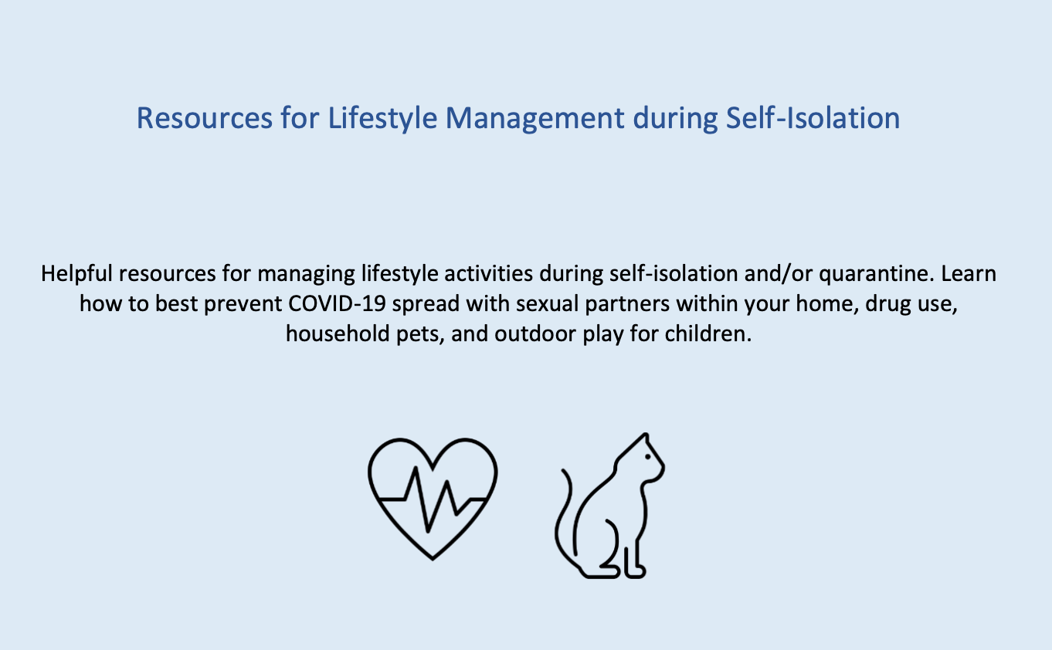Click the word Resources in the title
click(204, 118)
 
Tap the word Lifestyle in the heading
click(383, 119)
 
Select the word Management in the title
click(535, 119)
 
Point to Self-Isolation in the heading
click(813, 118)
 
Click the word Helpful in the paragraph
click(76, 274)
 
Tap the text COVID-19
click(337, 303)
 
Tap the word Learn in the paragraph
click(969, 274)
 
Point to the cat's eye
click(648, 457)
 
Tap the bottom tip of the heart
click(433, 559)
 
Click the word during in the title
click(675, 119)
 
